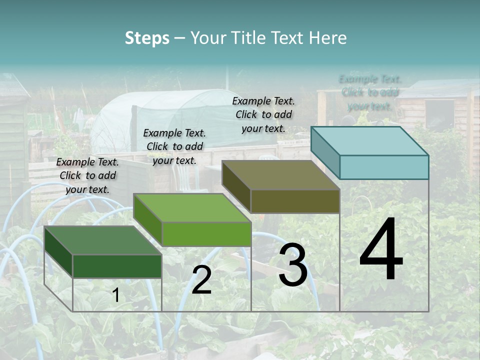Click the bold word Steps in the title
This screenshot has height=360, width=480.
pyautogui.click(x=147, y=38)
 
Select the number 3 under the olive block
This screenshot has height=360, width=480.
pyautogui.click(x=292, y=265)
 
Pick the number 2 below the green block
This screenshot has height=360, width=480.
pyautogui.click(x=201, y=280)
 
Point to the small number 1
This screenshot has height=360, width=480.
pyautogui.click(x=115, y=295)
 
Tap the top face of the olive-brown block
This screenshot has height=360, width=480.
pyautogui.click(x=280, y=175)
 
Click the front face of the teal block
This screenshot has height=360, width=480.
pyautogui.click(x=384, y=167)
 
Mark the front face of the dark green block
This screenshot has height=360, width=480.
pyautogui.click(x=117, y=266)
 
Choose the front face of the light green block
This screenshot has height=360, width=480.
pyautogui.click(x=206, y=234)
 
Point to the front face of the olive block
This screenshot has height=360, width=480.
pyautogui.click(x=295, y=201)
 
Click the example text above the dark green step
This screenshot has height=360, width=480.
pyautogui.click(x=87, y=175)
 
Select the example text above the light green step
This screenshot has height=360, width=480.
pyautogui.click(x=174, y=146)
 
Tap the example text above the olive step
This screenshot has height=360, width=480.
pyautogui.click(x=263, y=114)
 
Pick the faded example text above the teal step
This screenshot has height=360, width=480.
pyautogui.click(x=370, y=92)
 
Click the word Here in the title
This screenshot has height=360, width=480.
pyautogui.click(x=327, y=38)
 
